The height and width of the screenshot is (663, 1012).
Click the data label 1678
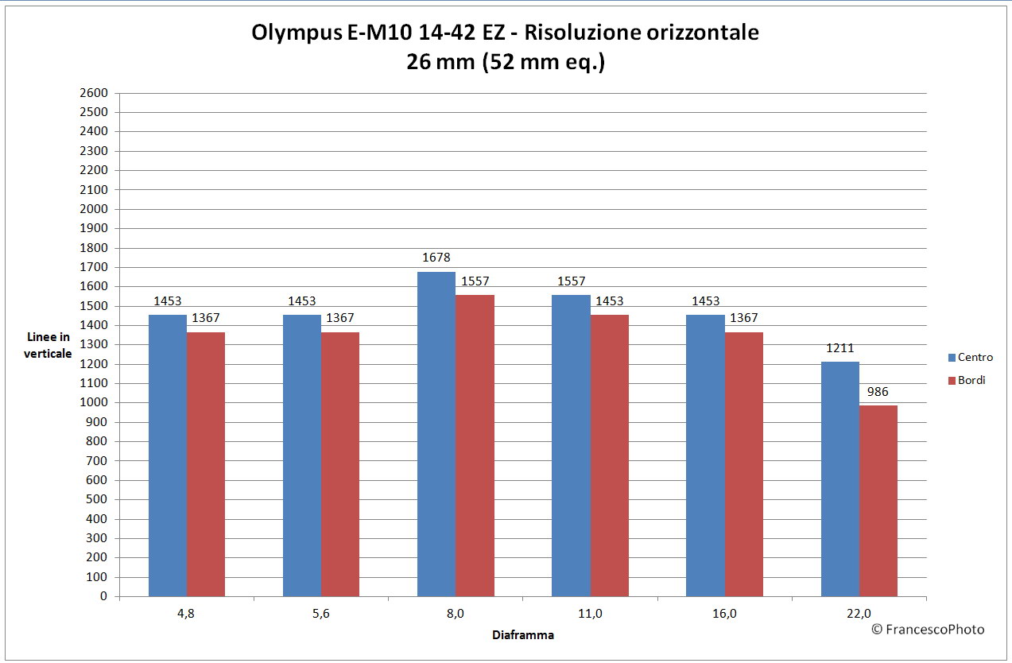click(x=436, y=258)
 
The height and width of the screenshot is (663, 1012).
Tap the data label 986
click(x=878, y=392)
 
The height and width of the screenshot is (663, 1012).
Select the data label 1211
click(x=839, y=348)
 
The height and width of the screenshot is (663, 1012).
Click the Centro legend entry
click(x=969, y=358)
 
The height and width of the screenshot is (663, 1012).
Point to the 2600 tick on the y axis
click(x=94, y=93)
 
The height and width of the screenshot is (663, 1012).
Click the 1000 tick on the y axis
click(x=94, y=403)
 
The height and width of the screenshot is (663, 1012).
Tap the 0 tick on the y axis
click(x=103, y=596)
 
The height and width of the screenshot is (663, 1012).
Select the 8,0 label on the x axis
click(x=456, y=613)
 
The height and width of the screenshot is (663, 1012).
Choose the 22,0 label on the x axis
click(x=859, y=613)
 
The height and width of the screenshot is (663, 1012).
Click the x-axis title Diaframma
click(x=522, y=635)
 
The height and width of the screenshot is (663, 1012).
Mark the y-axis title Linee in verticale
click(x=50, y=345)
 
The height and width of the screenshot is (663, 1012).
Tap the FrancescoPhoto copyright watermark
click(x=928, y=630)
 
